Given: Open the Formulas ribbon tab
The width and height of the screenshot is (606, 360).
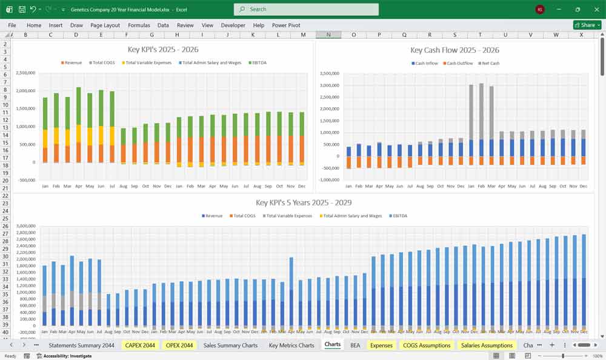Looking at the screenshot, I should coord(139,25).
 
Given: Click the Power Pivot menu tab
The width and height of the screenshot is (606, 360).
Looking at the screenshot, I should coord(286,25).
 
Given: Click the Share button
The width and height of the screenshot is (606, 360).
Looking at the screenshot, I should coord(587,25).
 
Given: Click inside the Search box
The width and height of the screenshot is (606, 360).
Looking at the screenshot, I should coord(306,9).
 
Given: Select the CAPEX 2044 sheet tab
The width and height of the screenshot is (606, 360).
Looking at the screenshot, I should coord(140,345).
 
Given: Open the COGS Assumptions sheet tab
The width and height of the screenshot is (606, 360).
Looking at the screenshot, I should coord(427,345).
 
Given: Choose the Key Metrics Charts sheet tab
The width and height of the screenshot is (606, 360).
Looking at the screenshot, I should coord(292,345).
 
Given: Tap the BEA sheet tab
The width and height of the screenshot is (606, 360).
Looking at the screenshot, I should coord(355,345).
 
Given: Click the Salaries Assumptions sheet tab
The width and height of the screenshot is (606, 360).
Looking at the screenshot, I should coord(487,345).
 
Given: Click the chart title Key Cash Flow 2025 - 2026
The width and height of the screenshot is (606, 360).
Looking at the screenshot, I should coord(454,50).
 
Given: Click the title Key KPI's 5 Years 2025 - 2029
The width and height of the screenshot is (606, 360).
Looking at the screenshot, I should coord(304,202).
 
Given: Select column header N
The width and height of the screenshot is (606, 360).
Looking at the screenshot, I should coord(328,35).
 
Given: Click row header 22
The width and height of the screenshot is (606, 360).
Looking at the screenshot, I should coord(5,188).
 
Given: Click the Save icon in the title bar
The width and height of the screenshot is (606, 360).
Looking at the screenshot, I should coord(22,9).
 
